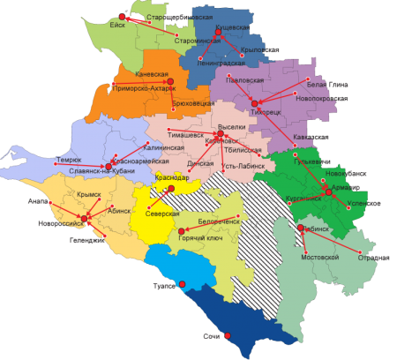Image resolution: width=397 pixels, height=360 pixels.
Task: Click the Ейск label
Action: (117, 26)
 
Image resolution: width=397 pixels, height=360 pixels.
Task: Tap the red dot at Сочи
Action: (227, 336)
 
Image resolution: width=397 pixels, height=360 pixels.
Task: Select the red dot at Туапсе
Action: (182, 284)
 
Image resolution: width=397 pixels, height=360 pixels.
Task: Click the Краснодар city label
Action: (171, 178)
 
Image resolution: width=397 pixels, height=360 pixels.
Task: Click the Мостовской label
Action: (321, 257)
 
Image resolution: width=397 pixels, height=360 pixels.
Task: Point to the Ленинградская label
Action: (221, 64)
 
